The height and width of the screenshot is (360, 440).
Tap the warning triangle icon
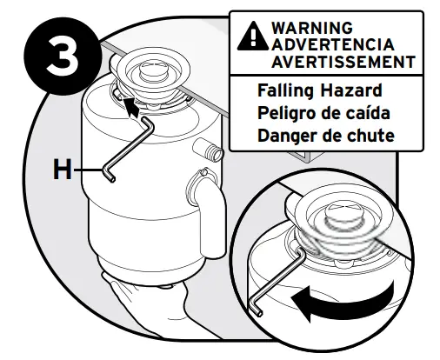[x=250, y=36]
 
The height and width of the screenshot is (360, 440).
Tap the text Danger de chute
[x=325, y=136]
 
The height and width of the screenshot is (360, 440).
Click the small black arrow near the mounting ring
[x=130, y=106]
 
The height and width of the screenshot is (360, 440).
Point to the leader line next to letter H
[x=90, y=171]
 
